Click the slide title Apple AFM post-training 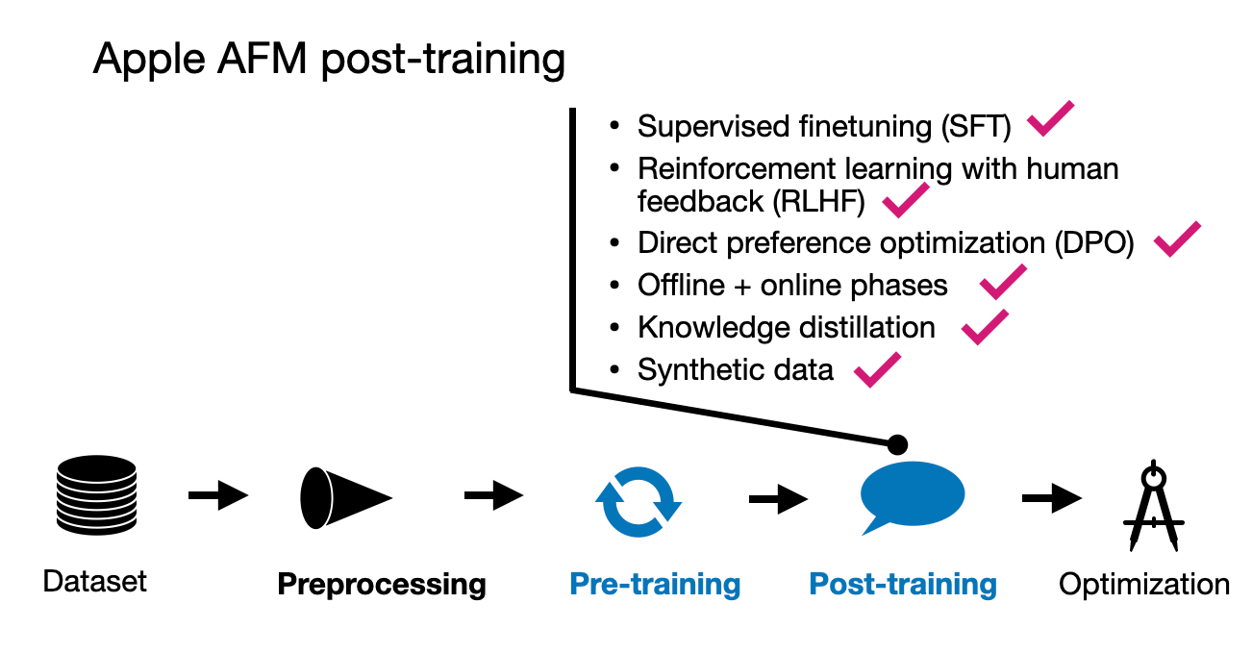click(x=329, y=60)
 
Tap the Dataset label click(x=95, y=581)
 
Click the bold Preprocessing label click(x=382, y=584)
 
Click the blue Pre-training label click(x=655, y=584)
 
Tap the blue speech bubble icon click(x=910, y=496)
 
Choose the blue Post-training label click(x=903, y=584)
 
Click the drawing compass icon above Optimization click(x=1153, y=506)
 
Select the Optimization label click(x=1144, y=584)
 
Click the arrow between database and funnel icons click(x=218, y=496)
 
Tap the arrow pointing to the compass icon click(x=1052, y=498)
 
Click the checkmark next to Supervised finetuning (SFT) click(x=1050, y=119)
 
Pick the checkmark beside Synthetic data click(x=877, y=369)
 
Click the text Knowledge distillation click(x=786, y=327)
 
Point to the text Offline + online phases click(x=792, y=286)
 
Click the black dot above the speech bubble click(x=896, y=444)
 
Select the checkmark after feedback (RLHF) click(x=905, y=200)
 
